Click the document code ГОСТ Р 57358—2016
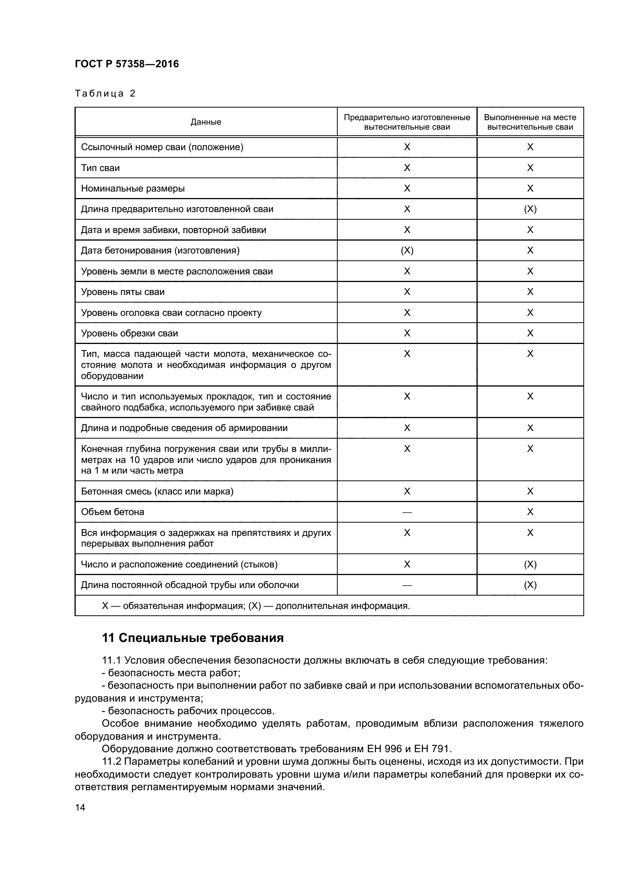click(127, 64)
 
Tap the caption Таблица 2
click(105, 94)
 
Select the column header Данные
click(206, 122)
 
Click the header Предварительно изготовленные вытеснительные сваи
click(407, 122)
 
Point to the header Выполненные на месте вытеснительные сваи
click(530, 122)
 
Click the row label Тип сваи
click(100, 168)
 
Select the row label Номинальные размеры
click(133, 189)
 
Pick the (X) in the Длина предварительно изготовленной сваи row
click(530, 209)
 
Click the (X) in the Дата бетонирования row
click(407, 251)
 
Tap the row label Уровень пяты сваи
click(123, 292)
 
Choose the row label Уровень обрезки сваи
click(129, 333)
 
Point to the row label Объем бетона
click(112, 512)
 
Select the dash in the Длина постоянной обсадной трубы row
click(407, 585)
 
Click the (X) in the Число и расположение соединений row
click(530, 564)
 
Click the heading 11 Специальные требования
click(192, 638)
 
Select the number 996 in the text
click(392, 748)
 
